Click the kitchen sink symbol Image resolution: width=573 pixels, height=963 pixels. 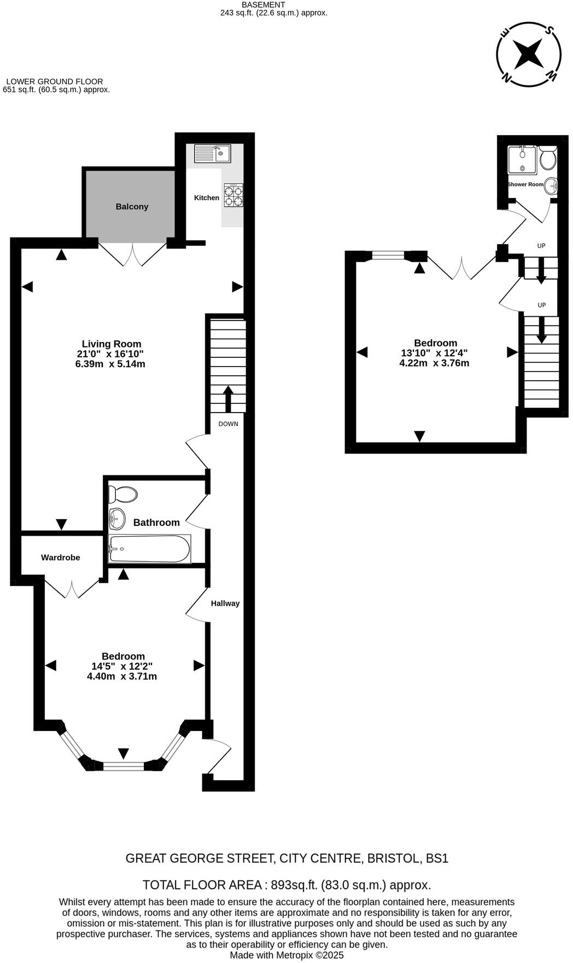(x=213, y=153)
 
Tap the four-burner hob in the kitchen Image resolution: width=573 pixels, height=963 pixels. (x=233, y=195)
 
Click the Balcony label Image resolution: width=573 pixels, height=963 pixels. (x=132, y=206)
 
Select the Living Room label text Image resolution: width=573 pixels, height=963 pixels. (x=112, y=344)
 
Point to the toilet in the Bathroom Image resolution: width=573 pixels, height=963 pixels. (x=122, y=495)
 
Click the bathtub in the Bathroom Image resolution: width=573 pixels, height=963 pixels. (x=149, y=549)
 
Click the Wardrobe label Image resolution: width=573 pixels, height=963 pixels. (x=61, y=558)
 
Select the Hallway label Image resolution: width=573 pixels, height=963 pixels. (x=225, y=604)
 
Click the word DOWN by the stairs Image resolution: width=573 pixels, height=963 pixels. (x=228, y=424)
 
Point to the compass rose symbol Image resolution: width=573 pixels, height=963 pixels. (x=529, y=54)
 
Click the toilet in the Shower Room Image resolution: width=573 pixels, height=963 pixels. (x=547, y=159)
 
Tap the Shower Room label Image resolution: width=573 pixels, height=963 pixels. (x=525, y=184)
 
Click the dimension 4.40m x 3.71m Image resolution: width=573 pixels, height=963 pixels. (x=122, y=676)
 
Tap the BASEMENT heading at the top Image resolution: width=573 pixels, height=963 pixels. (x=264, y=4)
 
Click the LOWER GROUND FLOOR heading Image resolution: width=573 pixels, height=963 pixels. (x=55, y=82)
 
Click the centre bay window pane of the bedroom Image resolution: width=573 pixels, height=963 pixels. (x=124, y=767)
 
